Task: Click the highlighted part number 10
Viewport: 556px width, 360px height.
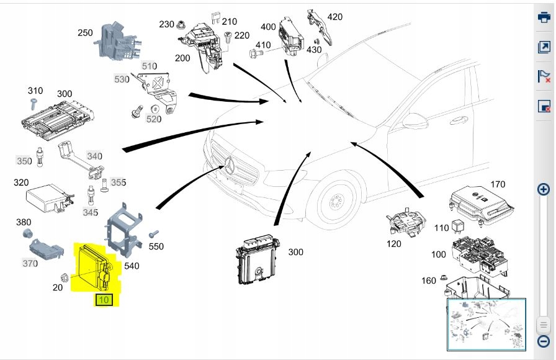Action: (104, 300)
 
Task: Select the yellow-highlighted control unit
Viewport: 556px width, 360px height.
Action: (93, 268)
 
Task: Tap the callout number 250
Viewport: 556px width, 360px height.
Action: (85, 32)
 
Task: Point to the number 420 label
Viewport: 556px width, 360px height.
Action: (334, 17)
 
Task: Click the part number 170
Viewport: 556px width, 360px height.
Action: (498, 184)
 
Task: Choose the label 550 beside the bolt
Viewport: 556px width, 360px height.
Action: (156, 246)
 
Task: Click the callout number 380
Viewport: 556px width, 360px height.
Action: (24, 222)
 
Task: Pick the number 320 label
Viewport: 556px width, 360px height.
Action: (21, 182)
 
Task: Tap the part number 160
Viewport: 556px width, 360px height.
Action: (429, 281)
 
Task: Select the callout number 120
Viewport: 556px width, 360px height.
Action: (394, 244)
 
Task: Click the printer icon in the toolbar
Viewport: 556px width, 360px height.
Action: (544, 17)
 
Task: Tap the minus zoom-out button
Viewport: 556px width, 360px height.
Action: (543, 341)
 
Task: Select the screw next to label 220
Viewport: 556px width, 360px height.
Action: (228, 36)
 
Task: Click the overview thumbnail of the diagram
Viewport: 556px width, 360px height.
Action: (486, 324)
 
